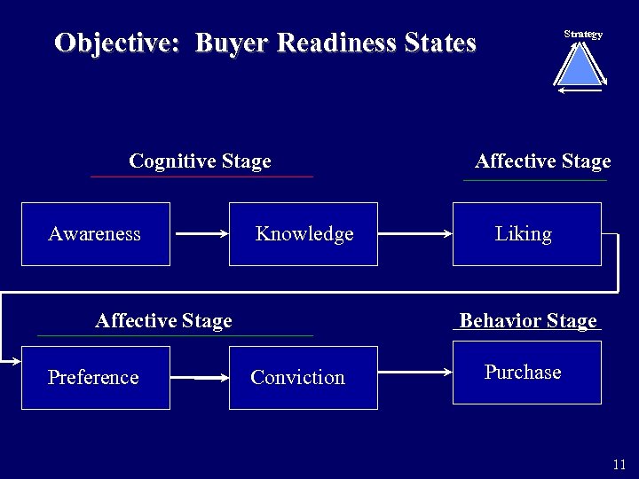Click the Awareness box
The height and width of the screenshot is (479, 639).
click(95, 234)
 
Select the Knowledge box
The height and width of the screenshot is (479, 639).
click(304, 234)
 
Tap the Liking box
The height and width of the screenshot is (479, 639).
click(526, 234)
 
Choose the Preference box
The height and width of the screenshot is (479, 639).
click(95, 378)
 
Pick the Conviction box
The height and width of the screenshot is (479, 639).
click(304, 378)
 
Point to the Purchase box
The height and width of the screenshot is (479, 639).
click(526, 373)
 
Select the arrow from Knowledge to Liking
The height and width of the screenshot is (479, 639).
click(415, 234)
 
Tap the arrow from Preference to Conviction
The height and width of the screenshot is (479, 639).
click(211, 378)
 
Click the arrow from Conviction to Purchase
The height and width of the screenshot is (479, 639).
click(415, 373)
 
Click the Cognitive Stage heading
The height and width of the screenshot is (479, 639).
click(200, 161)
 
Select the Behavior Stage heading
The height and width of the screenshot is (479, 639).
click(528, 321)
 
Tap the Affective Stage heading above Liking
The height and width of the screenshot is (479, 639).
click(542, 161)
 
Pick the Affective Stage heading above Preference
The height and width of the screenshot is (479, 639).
click(163, 321)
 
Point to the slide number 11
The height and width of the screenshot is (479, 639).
click(619, 465)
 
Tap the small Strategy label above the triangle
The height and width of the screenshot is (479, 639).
click(583, 35)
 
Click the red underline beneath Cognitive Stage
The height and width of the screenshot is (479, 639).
click(201, 177)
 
